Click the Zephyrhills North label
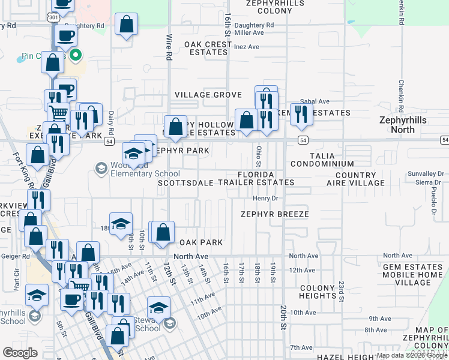(406, 124)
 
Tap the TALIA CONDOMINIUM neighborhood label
(322, 159)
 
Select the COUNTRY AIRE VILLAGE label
(360, 179)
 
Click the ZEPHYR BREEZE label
(275, 214)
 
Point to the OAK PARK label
(201, 242)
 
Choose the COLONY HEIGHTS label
(318, 292)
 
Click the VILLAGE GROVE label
(208, 95)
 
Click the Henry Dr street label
(267, 198)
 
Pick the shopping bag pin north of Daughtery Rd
(127, 24)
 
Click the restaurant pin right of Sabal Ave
(301, 113)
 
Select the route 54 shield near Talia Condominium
(304, 140)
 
